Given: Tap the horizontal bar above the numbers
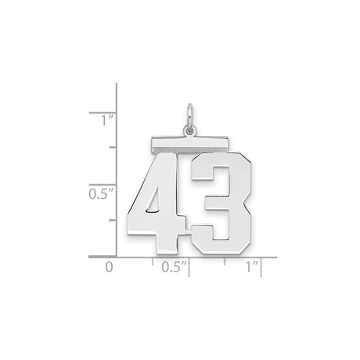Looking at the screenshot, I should coord(188,143).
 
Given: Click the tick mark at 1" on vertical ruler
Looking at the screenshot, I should coord(112,112).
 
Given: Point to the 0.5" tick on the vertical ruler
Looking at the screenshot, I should coord(112,184).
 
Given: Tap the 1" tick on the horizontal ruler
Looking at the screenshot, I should coord(261,261).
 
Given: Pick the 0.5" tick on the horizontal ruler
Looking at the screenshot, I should coord(189,261).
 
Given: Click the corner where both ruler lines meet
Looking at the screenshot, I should coord(117,257).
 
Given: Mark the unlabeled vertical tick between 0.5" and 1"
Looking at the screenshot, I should coord(112,148).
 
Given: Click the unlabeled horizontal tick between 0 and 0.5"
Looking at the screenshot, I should coord(153,261).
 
